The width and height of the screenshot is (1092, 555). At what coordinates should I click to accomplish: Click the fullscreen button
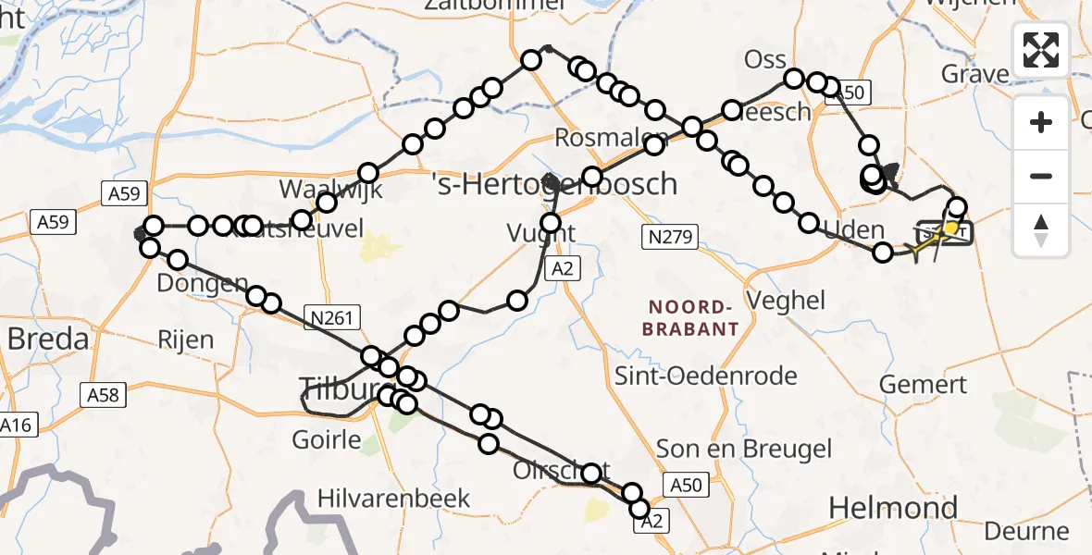pos(1041,49)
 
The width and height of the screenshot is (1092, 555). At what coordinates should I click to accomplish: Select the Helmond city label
pos(879,507)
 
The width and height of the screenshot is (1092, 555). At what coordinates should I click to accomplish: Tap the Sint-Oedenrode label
pos(706,376)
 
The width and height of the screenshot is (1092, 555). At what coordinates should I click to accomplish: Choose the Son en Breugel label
pos(743,450)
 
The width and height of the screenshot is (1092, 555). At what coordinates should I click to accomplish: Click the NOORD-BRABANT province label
pos(693,317)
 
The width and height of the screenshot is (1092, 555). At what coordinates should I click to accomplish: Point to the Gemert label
pos(923,384)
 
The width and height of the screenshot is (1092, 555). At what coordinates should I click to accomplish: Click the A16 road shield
pos(15,425)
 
